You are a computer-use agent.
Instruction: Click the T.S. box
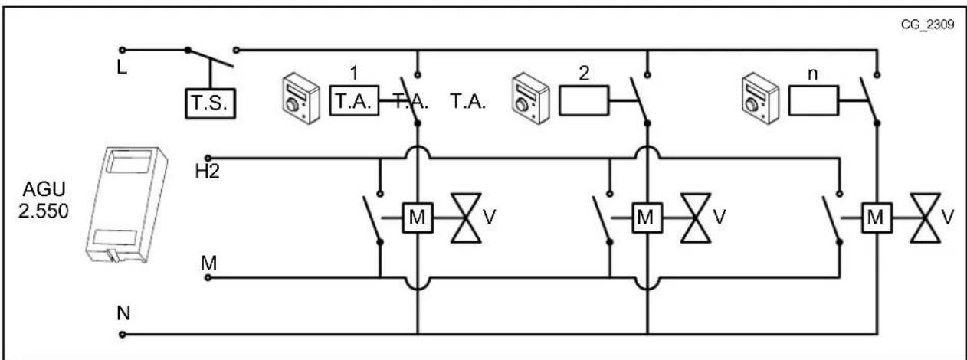pyautogui.click(x=211, y=103)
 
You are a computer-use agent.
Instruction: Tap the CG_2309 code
pyautogui.click(x=927, y=25)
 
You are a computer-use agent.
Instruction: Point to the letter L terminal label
pyautogui.click(x=122, y=67)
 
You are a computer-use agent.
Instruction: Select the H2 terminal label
pyautogui.click(x=207, y=172)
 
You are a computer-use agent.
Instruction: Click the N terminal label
pyautogui.click(x=123, y=313)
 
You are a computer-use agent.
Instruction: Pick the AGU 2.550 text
pyautogui.click(x=44, y=200)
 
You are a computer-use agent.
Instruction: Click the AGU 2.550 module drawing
pyautogui.click(x=126, y=204)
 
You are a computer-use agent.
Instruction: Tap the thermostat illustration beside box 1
pyautogui.click(x=301, y=98)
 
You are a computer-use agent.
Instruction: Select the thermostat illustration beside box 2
pyautogui.click(x=530, y=98)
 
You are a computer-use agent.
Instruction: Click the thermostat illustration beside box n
pyautogui.click(x=760, y=98)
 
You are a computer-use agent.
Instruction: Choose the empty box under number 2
pyautogui.click(x=584, y=100)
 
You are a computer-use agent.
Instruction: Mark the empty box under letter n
pyautogui.click(x=814, y=100)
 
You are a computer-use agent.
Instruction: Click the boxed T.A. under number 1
pyautogui.click(x=355, y=100)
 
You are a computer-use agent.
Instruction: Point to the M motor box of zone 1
pyautogui.click(x=418, y=218)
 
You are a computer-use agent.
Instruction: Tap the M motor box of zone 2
pyautogui.click(x=647, y=218)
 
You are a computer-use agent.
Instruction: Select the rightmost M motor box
pyautogui.click(x=877, y=218)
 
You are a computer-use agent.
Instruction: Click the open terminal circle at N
pyautogui.click(x=122, y=335)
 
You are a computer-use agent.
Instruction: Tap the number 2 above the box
pyautogui.click(x=584, y=73)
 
